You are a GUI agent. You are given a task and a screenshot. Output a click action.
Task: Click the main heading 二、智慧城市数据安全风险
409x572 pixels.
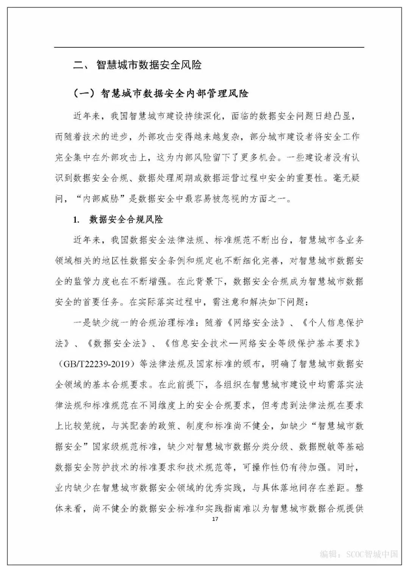click(137, 65)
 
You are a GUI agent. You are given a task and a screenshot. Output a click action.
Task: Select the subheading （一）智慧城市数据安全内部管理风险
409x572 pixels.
click(161, 93)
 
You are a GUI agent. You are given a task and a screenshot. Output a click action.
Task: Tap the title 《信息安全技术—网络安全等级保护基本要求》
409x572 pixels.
click(261, 344)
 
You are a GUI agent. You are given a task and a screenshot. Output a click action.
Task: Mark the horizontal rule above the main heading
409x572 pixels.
click(209, 47)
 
